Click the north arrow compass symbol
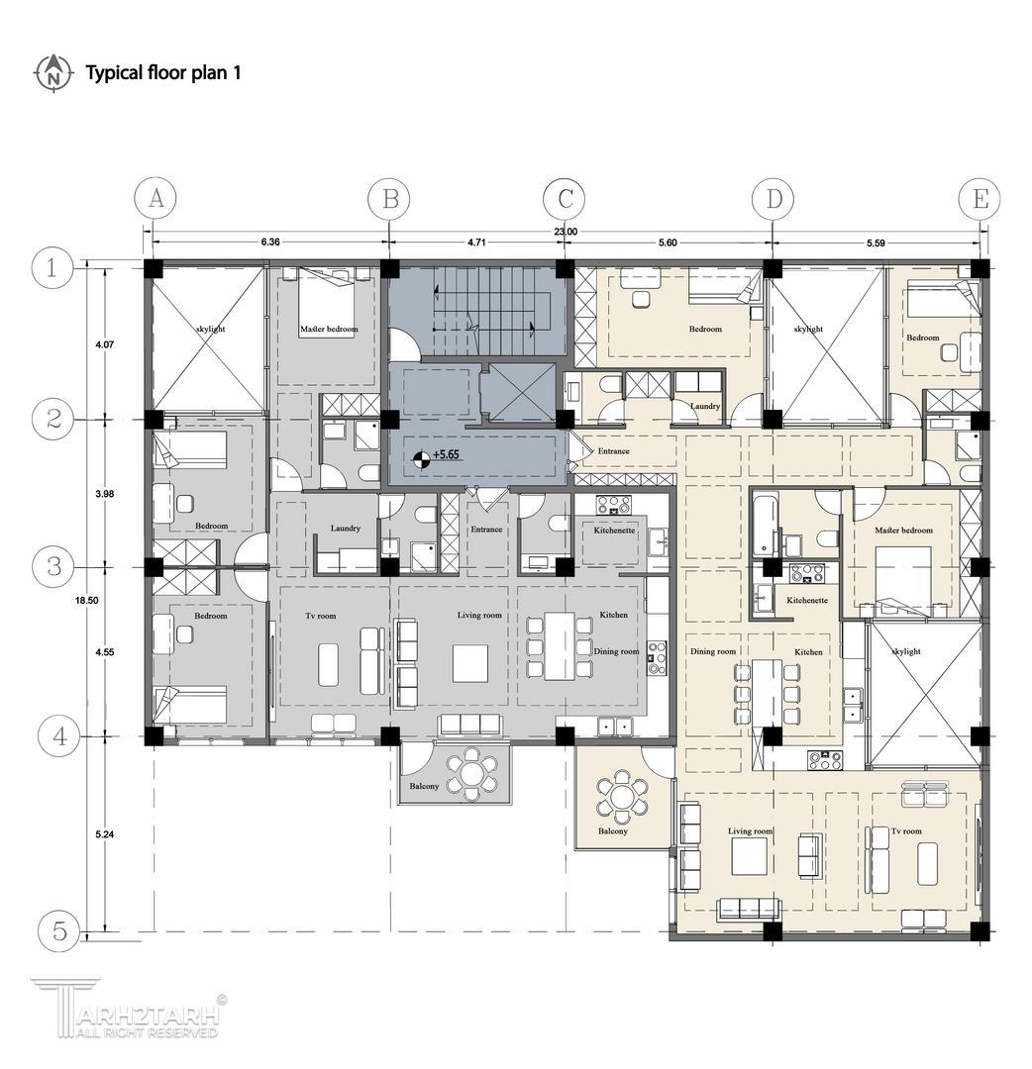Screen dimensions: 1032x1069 point(52,73)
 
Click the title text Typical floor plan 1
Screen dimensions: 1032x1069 point(163,73)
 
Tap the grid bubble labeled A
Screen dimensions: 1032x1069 point(155,198)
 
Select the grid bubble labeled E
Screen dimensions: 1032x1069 point(980,199)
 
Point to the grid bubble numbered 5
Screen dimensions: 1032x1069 point(59,930)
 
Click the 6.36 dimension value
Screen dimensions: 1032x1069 point(270,243)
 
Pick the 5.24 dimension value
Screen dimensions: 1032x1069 point(104,833)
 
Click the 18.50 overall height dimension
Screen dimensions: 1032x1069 point(87,601)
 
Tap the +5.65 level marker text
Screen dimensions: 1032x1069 point(446,454)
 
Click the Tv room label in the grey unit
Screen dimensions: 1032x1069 point(321,616)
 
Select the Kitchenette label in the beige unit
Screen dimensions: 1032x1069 point(807,600)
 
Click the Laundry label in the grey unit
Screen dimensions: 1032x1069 point(345,529)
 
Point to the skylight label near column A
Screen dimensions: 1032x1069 point(209,329)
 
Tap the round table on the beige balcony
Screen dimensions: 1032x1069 point(621,796)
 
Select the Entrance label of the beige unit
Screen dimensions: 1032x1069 point(613,450)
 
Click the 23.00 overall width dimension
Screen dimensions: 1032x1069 point(566,232)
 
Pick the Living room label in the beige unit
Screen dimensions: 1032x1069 point(750,831)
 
